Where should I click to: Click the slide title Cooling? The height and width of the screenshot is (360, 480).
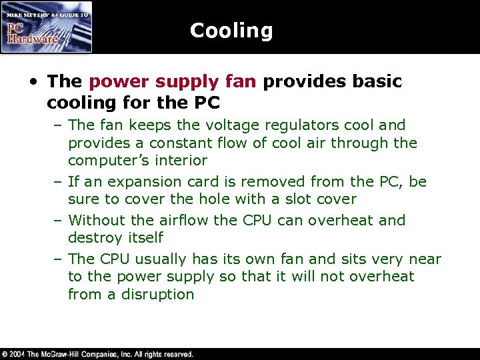pyautogui.click(x=231, y=31)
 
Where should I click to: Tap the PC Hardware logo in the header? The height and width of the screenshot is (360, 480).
pyautogui.click(x=46, y=27)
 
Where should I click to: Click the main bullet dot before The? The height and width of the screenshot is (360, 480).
pyautogui.click(x=34, y=82)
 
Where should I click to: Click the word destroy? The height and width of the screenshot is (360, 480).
pyautogui.click(x=97, y=237)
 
